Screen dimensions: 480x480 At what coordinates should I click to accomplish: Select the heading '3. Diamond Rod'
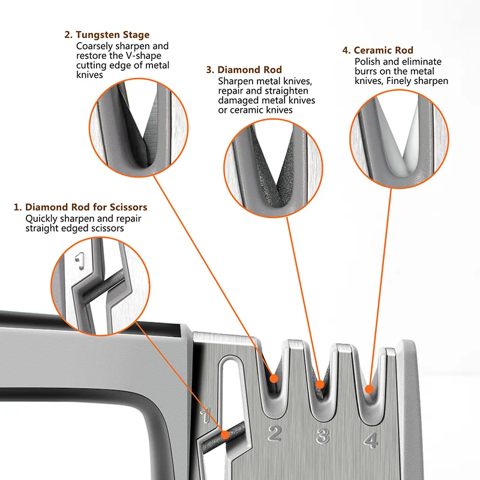pyautogui.click(x=244, y=70)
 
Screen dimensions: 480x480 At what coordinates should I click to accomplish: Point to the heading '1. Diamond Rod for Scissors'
pyautogui.click(x=80, y=208)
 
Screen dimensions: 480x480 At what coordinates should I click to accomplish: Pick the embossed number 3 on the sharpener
pyautogui.click(x=322, y=436)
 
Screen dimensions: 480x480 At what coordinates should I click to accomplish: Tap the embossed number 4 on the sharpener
pyautogui.click(x=370, y=441)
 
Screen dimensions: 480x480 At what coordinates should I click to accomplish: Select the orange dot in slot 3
pyautogui.click(x=320, y=385)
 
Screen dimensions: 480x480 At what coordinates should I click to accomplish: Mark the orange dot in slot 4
pyautogui.click(x=369, y=389)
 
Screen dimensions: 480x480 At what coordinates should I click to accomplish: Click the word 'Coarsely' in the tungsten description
pyautogui.click(x=95, y=46)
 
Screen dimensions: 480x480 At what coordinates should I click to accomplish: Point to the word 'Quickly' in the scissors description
pyautogui.click(x=41, y=219)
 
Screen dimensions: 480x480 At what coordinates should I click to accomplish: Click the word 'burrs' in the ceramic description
pyautogui.click(x=365, y=71)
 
